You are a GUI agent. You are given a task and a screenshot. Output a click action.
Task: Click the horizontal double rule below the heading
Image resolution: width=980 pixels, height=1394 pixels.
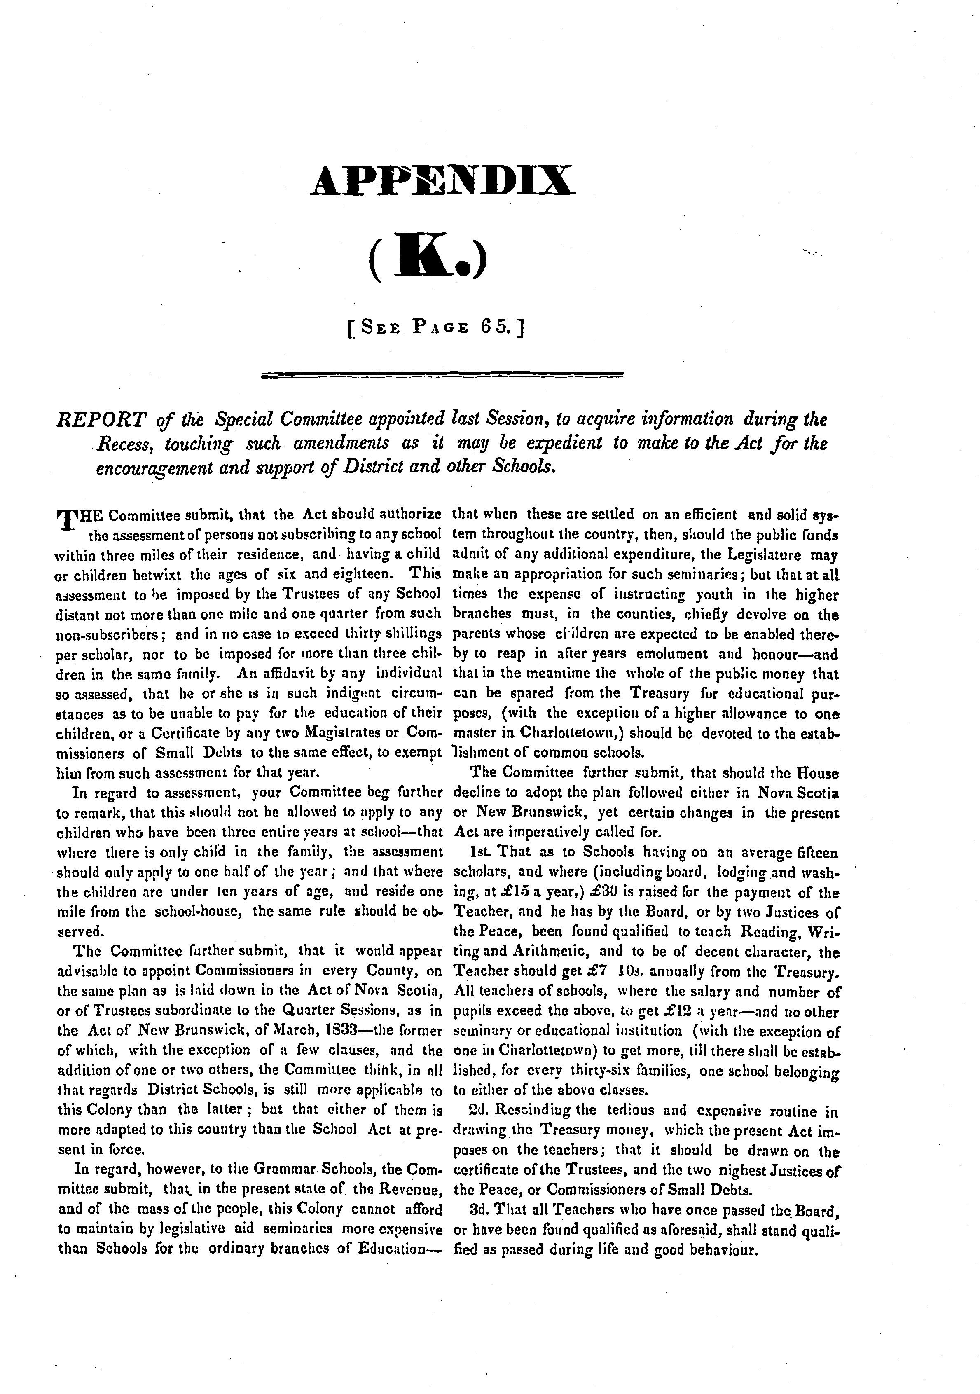tap(442, 374)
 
